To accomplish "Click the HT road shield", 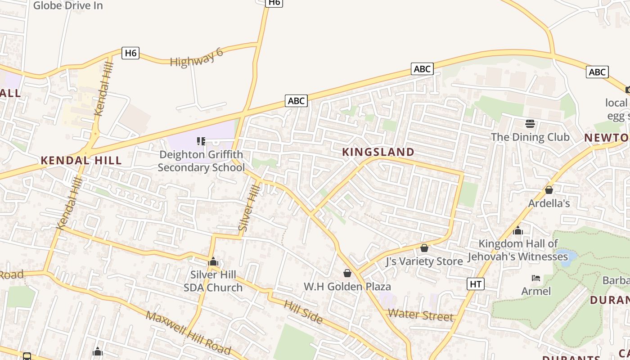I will pos(476,283).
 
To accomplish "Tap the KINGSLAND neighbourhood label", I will pos(378,152).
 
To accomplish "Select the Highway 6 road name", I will pos(197,57).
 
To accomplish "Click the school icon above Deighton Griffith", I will pos(201,141).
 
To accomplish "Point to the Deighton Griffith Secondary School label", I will pos(201,161).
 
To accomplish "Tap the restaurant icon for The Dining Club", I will pos(530,123).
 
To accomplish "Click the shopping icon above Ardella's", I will pos(549,190).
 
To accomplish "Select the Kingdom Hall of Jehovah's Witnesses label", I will pos(518,250).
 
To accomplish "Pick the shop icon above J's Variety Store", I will pos(424,248).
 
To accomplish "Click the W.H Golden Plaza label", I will pos(347,287).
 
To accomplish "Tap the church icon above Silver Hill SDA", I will pos(213,262).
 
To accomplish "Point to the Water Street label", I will pos(421,315).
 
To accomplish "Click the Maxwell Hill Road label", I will pos(188,333).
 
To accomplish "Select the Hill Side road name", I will pos(303,311).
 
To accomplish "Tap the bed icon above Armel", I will pos(535,278).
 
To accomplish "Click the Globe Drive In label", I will pos(68,5).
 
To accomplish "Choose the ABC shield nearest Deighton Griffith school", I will pos(296,101).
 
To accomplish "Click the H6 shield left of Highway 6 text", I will pos(130,53).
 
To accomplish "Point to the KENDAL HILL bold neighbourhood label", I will pos(81,160).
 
